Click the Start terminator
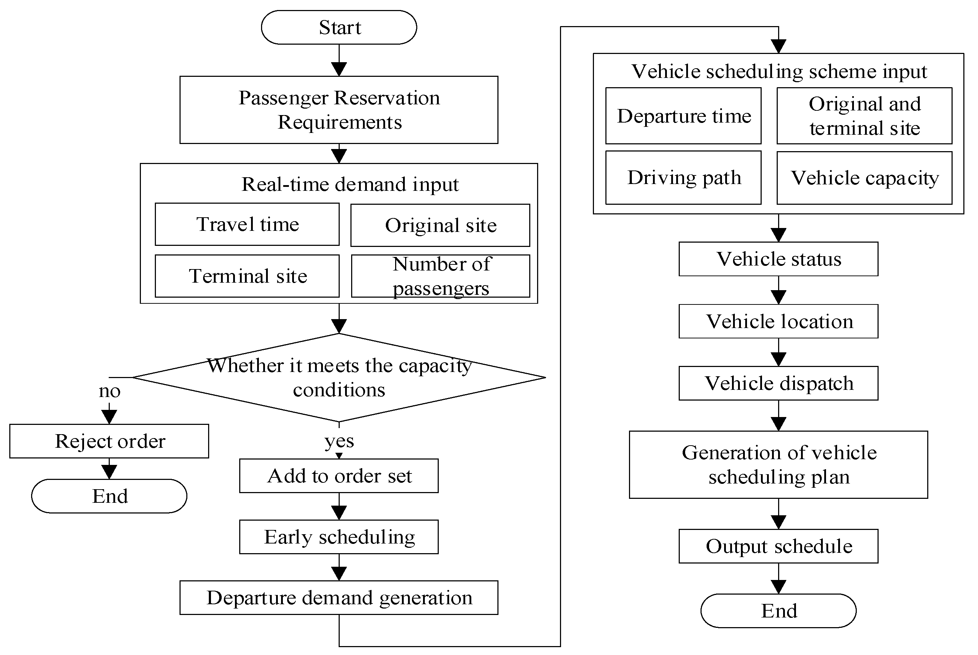tap(339, 28)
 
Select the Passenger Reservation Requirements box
tap(339, 110)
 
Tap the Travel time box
tap(247, 224)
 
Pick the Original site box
tap(440, 225)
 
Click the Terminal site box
tap(247, 276)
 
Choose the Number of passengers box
tap(441, 276)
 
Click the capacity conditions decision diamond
tap(339, 377)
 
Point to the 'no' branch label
tap(109, 391)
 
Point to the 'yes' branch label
tap(339, 441)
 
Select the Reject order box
tap(109, 441)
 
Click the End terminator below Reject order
tap(109, 496)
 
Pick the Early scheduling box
tap(339, 537)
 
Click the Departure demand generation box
tap(339, 597)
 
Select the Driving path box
tap(683, 178)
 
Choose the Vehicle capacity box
tap(864, 178)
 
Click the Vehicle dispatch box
tap(778, 383)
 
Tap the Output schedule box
tap(778, 546)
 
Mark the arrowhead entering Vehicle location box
tap(778, 297)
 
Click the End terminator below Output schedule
tap(778, 611)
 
